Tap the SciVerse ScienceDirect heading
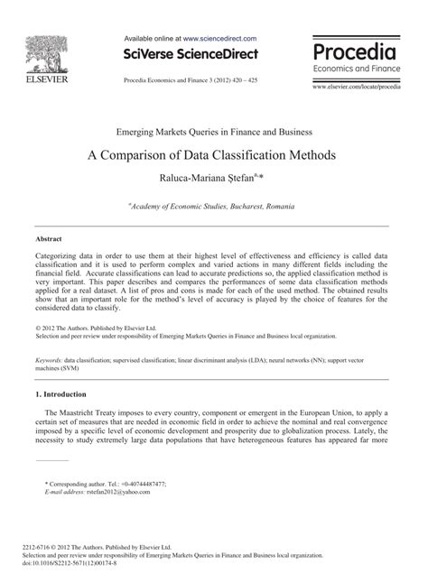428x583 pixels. tap(191, 55)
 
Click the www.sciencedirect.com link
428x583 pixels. tap(219, 39)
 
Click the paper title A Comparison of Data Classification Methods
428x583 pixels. tap(212, 153)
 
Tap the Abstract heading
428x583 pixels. tap(48, 239)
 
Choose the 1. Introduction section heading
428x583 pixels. tap(60, 393)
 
